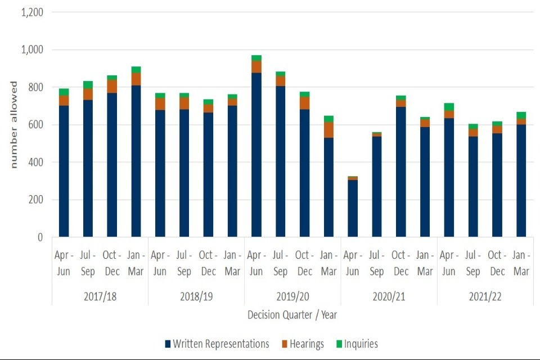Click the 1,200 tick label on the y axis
pos(33,12)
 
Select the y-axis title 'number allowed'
pos(13,124)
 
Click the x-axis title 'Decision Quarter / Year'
pos(292,314)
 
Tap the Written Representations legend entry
pos(217,344)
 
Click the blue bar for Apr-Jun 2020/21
pos(353,208)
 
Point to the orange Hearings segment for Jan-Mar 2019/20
pos(328,129)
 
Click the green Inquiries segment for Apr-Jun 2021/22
pos(449,107)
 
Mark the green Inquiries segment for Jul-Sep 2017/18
pos(88,85)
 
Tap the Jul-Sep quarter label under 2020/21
pos(377,263)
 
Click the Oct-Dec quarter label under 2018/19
pos(209,263)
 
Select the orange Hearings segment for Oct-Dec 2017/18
pos(112,86)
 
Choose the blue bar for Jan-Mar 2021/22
pos(521,181)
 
